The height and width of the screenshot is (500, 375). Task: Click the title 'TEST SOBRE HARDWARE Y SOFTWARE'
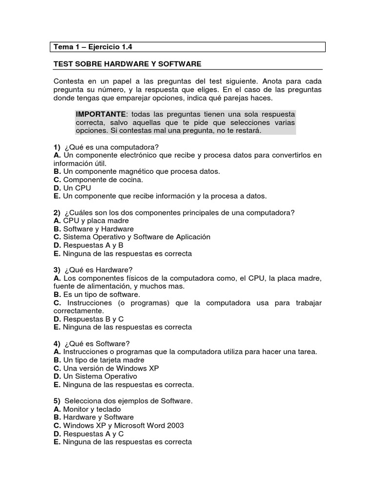point(127,64)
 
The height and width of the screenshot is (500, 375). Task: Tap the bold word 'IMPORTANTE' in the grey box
point(100,114)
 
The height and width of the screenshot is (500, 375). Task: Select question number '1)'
point(57,147)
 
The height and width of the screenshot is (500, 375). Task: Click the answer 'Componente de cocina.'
point(103,180)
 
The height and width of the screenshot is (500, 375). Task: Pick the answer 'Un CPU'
point(77,188)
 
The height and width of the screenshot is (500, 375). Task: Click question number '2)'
point(57,212)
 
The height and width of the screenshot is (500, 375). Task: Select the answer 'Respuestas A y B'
point(93,245)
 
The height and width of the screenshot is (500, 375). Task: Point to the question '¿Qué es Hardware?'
point(98,270)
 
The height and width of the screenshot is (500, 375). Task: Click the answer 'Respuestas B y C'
point(93,319)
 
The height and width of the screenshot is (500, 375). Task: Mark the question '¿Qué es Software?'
point(97,344)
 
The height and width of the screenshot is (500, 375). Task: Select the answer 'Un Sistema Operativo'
point(100,376)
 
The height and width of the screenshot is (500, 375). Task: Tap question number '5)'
point(57,401)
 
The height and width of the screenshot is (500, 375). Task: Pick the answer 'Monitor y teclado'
point(92,409)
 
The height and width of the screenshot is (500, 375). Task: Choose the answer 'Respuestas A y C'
point(93,434)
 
